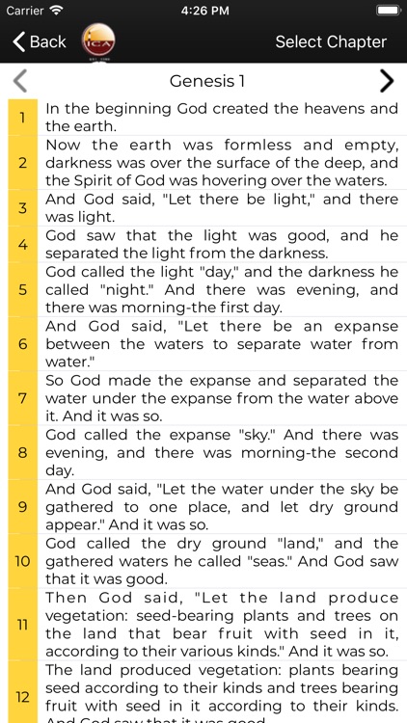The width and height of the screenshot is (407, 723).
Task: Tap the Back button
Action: point(39,41)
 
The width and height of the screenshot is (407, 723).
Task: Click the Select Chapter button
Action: point(330,41)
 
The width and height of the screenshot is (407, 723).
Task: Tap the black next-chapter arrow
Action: point(386,80)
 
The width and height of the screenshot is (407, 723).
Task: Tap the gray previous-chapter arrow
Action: point(20,80)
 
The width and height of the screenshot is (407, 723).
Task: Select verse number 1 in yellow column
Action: point(22,118)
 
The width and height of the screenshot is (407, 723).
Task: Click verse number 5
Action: point(22,289)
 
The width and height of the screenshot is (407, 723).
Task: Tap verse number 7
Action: point(22,398)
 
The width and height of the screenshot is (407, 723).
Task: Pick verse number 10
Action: point(22,561)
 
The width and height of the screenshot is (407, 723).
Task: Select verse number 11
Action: point(22,625)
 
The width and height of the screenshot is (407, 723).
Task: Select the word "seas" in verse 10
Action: point(258,561)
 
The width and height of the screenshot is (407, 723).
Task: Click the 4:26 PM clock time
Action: point(203,11)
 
